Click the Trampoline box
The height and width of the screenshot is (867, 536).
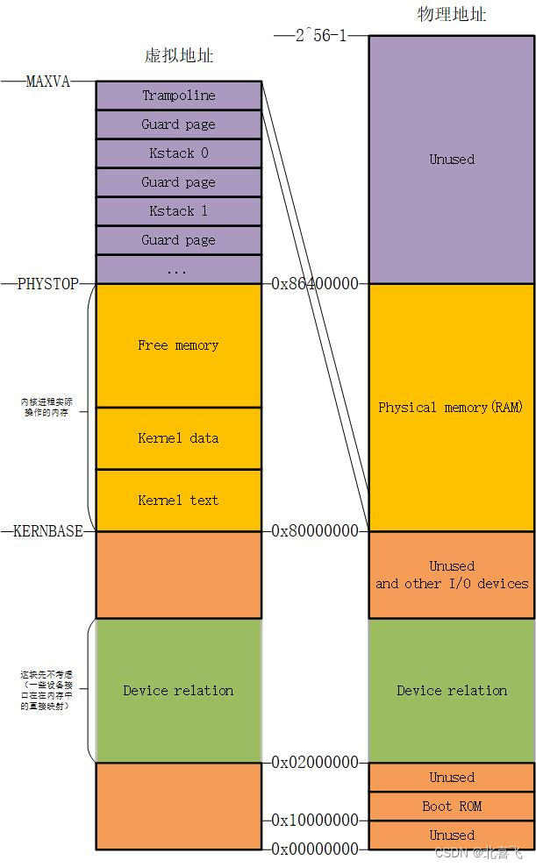178,96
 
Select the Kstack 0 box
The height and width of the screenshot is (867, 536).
178,153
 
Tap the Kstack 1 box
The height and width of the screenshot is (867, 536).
178,211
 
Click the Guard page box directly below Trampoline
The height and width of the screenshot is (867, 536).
178,124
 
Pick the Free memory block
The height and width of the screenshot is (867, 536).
178,345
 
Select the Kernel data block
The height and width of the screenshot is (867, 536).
178,438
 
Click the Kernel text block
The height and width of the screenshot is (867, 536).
178,501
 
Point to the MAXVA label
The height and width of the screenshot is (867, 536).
47,82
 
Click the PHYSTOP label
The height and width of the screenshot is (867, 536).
47,284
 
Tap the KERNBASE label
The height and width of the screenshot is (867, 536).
48,531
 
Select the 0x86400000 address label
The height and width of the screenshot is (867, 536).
315,284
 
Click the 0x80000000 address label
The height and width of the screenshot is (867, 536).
315,531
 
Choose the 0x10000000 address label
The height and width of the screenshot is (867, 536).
315,821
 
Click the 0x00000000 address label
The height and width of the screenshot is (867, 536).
315,849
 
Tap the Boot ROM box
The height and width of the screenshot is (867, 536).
452,807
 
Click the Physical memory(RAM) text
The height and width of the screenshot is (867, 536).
451,408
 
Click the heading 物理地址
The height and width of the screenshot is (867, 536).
452,15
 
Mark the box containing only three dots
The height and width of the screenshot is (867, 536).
178,270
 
